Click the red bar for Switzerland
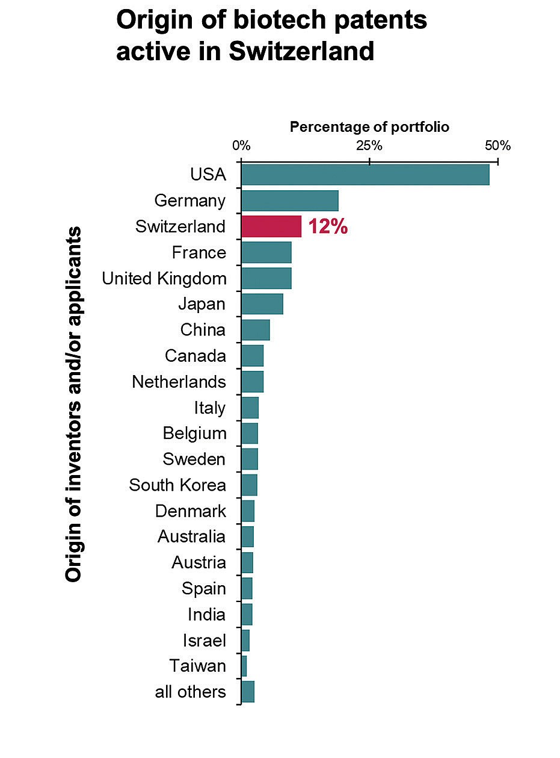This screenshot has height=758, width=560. [x=271, y=226]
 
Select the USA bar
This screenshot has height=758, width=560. [x=365, y=175]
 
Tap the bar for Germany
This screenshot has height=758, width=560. [x=289, y=200]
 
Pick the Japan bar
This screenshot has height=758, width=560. [x=262, y=304]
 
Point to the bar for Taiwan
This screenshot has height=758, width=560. [x=244, y=666]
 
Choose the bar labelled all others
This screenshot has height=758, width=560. [x=248, y=692]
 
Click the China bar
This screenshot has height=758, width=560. [x=255, y=330]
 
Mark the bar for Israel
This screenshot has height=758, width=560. [x=245, y=641]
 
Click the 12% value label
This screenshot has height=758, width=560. [x=328, y=227]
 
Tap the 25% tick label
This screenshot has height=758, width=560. [x=369, y=146]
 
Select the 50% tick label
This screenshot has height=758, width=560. [x=497, y=146]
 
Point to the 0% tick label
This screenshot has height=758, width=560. [x=241, y=146]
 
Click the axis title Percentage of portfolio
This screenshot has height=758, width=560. [x=369, y=127]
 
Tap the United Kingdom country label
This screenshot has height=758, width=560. [x=164, y=279]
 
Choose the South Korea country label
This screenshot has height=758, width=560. [x=177, y=485]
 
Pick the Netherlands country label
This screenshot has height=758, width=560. [x=179, y=382]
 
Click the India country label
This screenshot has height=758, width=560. [x=206, y=615]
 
